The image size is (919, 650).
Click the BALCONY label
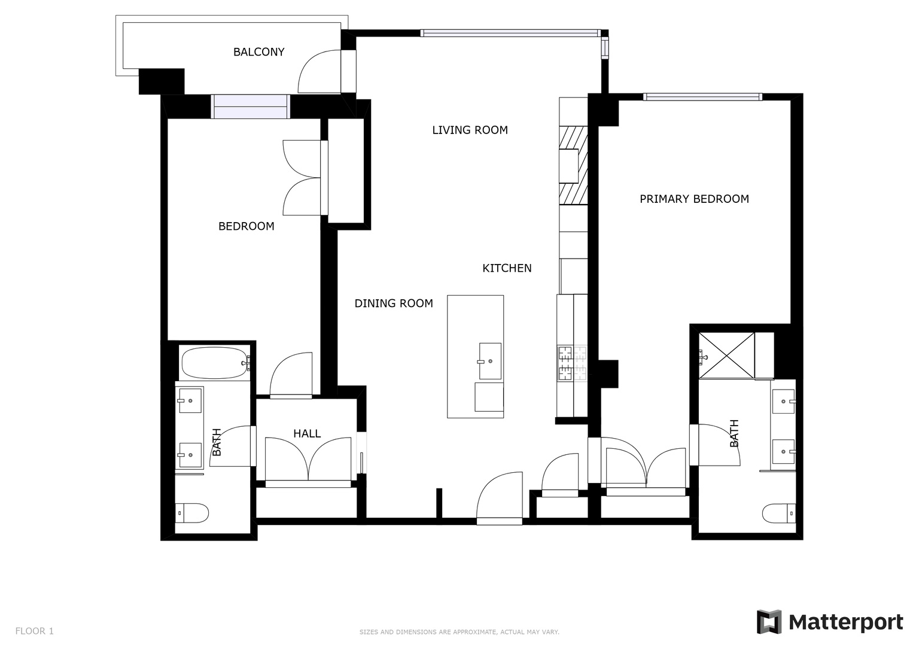click(258, 52)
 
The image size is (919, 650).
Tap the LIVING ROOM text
click(470, 130)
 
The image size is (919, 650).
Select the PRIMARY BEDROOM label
click(694, 199)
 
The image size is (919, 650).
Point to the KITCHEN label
click(507, 268)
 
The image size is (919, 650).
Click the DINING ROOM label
click(394, 303)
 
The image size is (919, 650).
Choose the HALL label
click(307, 433)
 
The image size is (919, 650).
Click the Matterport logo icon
click(769, 622)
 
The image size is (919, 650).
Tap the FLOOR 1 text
click(34, 631)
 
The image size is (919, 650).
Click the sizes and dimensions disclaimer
click(459, 632)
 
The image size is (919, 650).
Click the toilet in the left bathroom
click(192, 513)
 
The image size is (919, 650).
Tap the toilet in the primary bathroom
click(779, 513)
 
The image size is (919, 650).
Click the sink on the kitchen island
click(490, 361)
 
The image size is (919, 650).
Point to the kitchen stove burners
click(573, 364)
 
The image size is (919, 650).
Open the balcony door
click(321, 72)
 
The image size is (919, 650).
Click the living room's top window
click(510, 33)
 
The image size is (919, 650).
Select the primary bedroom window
click(702, 96)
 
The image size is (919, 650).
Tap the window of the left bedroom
click(251, 107)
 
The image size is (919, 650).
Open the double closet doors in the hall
click(308, 460)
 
